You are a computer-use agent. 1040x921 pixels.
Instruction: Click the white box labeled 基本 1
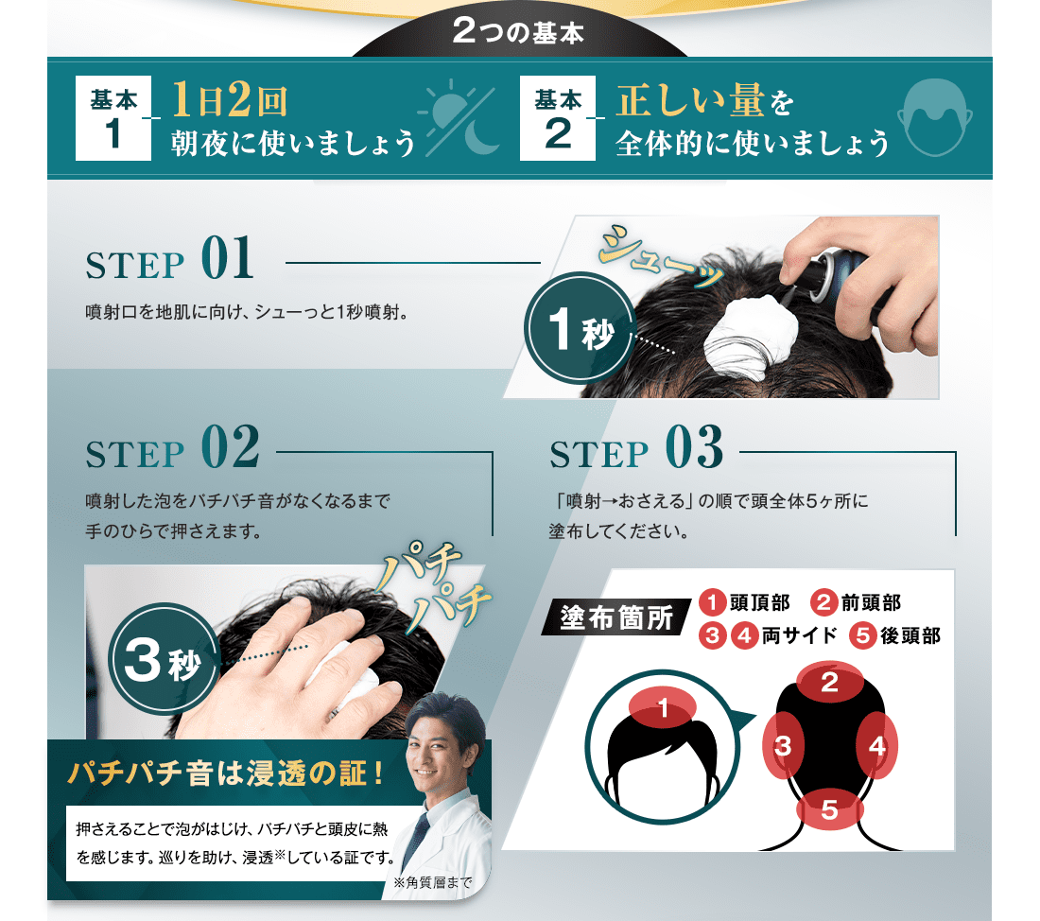(113, 118)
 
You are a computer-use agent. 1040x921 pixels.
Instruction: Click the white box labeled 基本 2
(557, 118)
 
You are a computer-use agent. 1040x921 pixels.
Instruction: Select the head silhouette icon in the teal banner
(935, 117)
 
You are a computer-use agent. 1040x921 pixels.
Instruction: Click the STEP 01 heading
(170, 259)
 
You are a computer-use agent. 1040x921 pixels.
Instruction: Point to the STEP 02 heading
(172, 448)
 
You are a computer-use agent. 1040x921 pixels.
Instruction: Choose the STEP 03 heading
(636, 448)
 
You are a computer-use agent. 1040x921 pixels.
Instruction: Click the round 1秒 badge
(580, 328)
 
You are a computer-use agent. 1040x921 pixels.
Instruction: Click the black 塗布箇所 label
(615, 617)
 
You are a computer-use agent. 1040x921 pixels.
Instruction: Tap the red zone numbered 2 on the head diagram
(830, 682)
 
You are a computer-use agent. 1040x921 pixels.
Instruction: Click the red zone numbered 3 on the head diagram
(784, 746)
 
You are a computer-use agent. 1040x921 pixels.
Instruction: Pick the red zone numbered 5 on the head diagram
(830, 809)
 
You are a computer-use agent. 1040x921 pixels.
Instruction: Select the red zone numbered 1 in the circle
(663, 707)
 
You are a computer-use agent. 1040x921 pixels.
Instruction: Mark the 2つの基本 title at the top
(518, 32)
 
